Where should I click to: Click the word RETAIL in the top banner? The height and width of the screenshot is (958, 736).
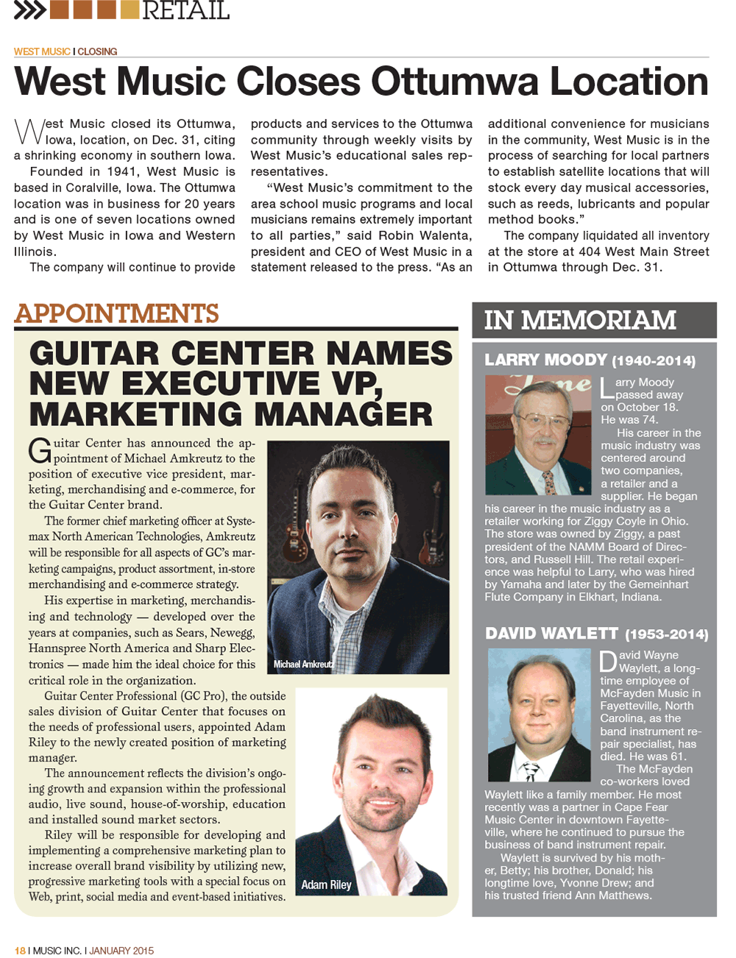185,10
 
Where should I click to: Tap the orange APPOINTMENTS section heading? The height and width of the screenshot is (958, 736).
116,313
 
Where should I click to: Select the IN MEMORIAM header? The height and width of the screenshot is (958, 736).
580,320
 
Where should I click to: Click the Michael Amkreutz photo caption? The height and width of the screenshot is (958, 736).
303,664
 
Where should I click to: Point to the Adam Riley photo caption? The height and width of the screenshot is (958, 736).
326,885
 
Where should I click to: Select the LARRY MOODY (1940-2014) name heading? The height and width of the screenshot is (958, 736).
590,361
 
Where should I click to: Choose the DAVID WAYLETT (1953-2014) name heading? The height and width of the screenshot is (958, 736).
596,634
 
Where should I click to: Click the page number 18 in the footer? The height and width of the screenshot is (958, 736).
20,951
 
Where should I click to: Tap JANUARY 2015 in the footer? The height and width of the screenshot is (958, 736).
121,951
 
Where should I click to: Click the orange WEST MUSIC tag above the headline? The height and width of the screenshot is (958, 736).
42,52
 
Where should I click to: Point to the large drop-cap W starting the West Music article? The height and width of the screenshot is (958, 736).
29,132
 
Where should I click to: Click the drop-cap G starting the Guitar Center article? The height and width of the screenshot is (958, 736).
40,450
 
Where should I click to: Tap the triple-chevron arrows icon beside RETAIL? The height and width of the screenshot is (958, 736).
29,10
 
